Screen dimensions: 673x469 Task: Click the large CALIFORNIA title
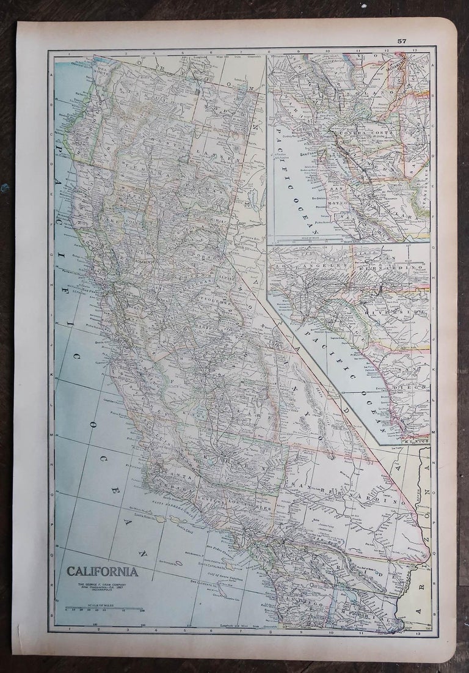(x=102, y=573)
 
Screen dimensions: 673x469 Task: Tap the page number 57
(x=401, y=41)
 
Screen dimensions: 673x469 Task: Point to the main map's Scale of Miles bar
(x=103, y=608)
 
